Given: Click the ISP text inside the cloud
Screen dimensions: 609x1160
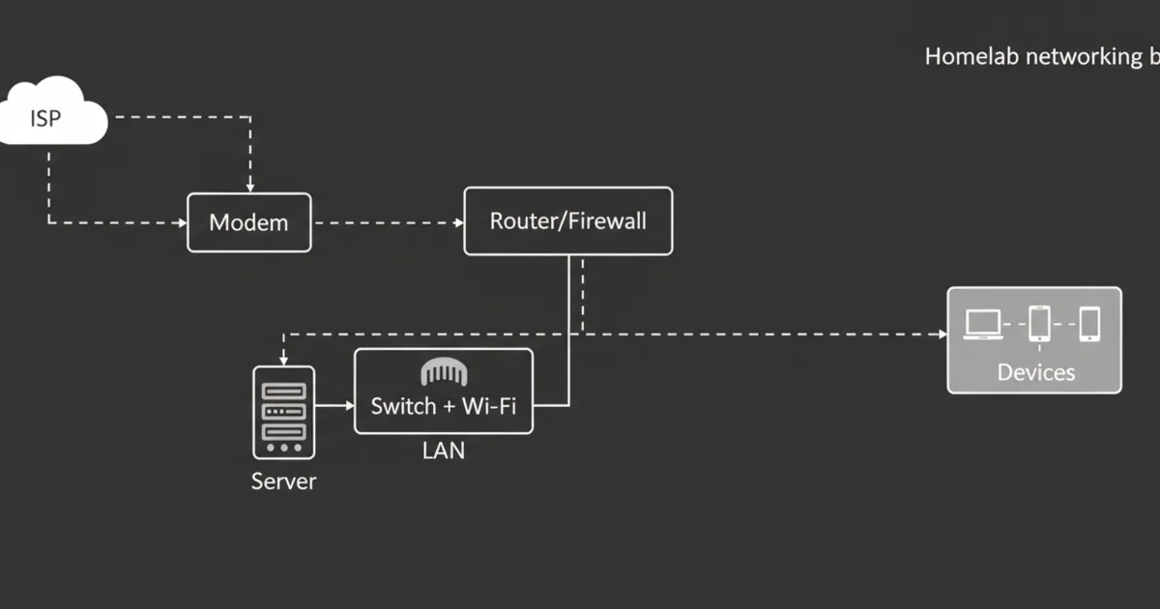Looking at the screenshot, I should pyautogui.click(x=44, y=119).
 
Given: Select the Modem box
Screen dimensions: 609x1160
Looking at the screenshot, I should pyautogui.click(x=248, y=222).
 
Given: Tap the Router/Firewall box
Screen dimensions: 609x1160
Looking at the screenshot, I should pyautogui.click(x=567, y=220).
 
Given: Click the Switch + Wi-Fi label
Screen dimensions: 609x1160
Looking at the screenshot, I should pyautogui.click(x=444, y=405).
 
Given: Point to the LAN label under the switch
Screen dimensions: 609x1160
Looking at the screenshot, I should pyautogui.click(x=444, y=450).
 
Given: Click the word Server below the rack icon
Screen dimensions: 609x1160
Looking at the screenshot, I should pyautogui.click(x=283, y=480).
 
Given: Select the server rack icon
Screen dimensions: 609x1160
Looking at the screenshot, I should pyautogui.click(x=283, y=412).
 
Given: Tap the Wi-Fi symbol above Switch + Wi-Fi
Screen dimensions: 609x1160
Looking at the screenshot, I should pyautogui.click(x=444, y=371).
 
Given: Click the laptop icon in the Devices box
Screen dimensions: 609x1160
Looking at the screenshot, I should pyautogui.click(x=983, y=324).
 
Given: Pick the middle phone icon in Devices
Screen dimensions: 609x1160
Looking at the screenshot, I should pyautogui.click(x=1039, y=324).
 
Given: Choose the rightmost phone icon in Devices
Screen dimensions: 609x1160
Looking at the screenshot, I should pyautogui.click(x=1089, y=324).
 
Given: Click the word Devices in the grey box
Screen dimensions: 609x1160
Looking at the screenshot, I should pyautogui.click(x=1035, y=372).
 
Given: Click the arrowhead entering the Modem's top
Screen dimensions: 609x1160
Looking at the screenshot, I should pyautogui.click(x=249, y=187).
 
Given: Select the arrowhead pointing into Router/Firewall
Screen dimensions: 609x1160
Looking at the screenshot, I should pyautogui.click(x=458, y=222).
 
